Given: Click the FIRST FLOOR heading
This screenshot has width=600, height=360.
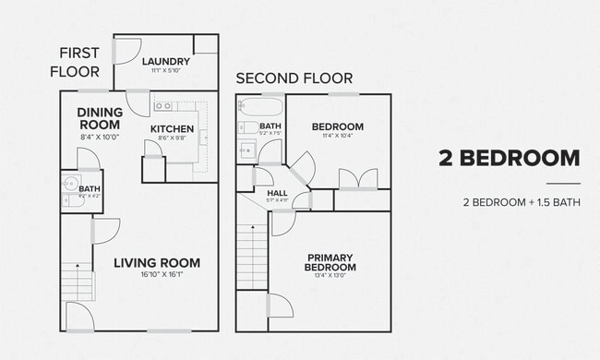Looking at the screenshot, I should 81,63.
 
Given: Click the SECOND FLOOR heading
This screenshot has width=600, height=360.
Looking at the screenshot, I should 288,78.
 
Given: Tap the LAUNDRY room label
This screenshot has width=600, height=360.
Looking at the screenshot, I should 166,63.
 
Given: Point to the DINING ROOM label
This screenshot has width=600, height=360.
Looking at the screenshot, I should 100,118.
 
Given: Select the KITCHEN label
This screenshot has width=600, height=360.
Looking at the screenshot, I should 172,129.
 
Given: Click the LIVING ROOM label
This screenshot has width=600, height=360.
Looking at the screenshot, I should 157,263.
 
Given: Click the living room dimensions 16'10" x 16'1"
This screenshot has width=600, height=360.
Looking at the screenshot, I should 157,275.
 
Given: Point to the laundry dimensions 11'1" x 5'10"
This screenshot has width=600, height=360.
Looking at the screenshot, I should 166,72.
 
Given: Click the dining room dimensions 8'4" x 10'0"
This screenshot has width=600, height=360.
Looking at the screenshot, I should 100,136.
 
